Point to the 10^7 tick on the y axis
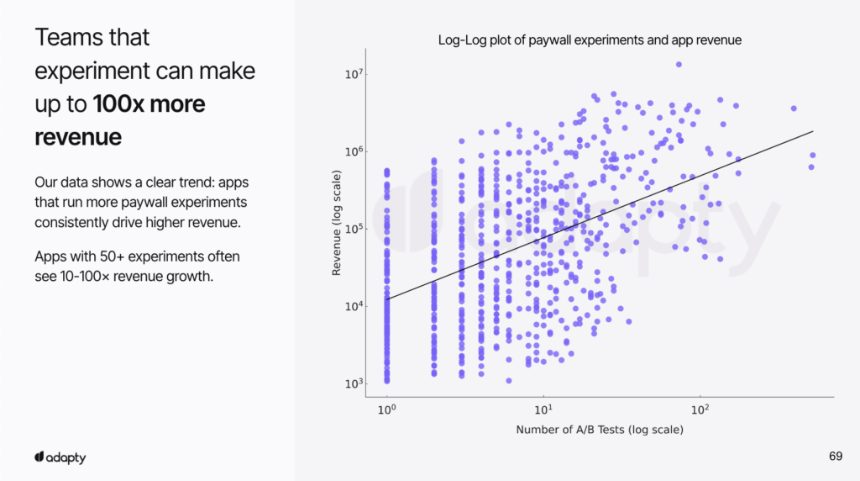tap(353, 74)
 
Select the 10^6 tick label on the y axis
tap(353, 151)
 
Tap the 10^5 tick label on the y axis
tap(353, 229)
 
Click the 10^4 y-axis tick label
tap(353, 306)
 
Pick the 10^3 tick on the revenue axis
tap(353, 383)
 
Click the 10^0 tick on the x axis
tap(387, 410)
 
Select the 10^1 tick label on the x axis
tap(543, 410)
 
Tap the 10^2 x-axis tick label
tap(700, 410)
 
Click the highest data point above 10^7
tap(679, 65)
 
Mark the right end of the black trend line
tap(813, 131)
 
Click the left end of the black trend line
tap(386, 299)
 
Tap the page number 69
tap(835, 457)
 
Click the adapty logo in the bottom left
tap(60, 457)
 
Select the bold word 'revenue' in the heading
tap(78, 137)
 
